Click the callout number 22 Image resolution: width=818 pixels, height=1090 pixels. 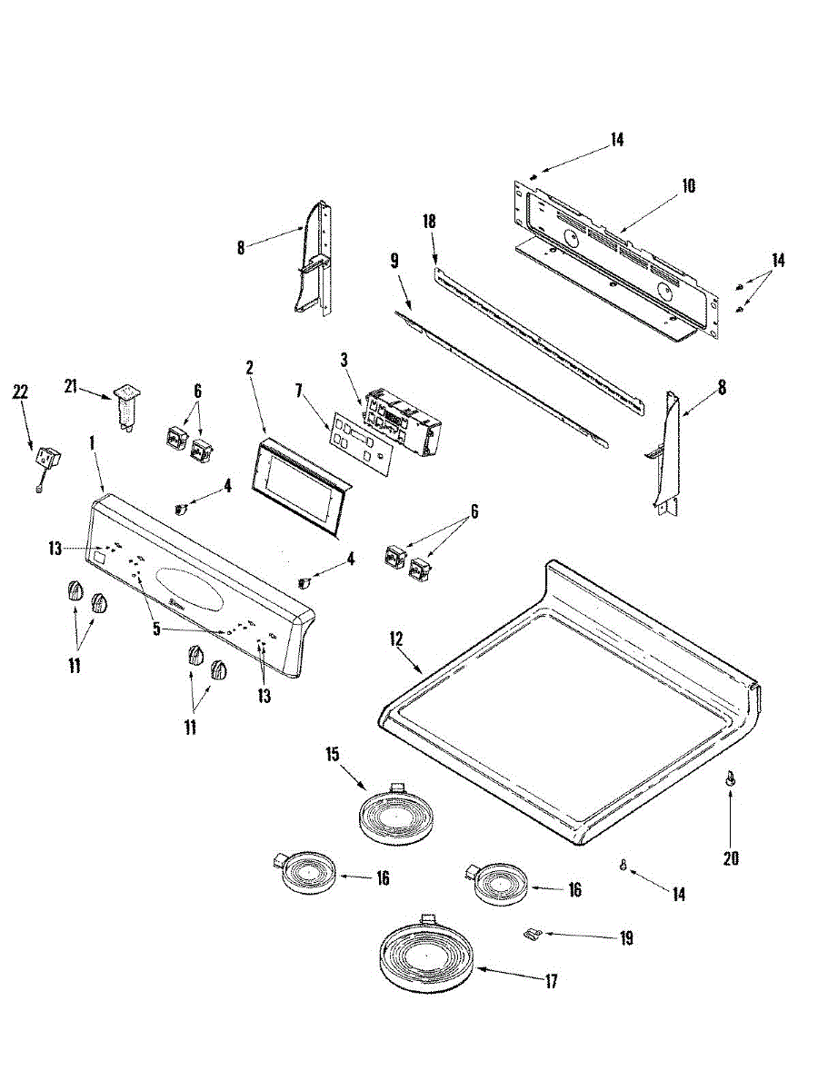pyautogui.click(x=21, y=391)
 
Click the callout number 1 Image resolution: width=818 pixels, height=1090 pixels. pyautogui.click(x=92, y=442)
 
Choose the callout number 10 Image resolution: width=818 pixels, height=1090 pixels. pyautogui.click(x=688, y=186)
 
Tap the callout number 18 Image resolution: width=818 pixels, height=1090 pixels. pyautogui.click(x=430, y=221)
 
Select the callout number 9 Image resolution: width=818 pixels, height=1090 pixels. pyautogui.click(x=394, y=260)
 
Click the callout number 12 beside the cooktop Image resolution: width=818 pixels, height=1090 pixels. pyautogui.click(x=396, y=639)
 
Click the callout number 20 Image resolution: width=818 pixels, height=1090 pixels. pyautogui.click(x=731, y=857)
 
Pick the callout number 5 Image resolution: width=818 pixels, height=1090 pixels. pyautogui.click(x=156, y=628)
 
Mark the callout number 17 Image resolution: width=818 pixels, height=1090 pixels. pyautogui.click(x=550, y=981)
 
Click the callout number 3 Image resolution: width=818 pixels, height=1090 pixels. pyautogui.click(x=344, y=360)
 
